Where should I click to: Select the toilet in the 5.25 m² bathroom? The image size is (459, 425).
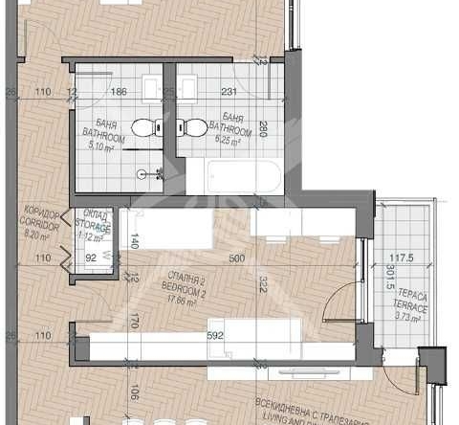point(194,126)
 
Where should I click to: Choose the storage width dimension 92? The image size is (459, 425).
point(92,257)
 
